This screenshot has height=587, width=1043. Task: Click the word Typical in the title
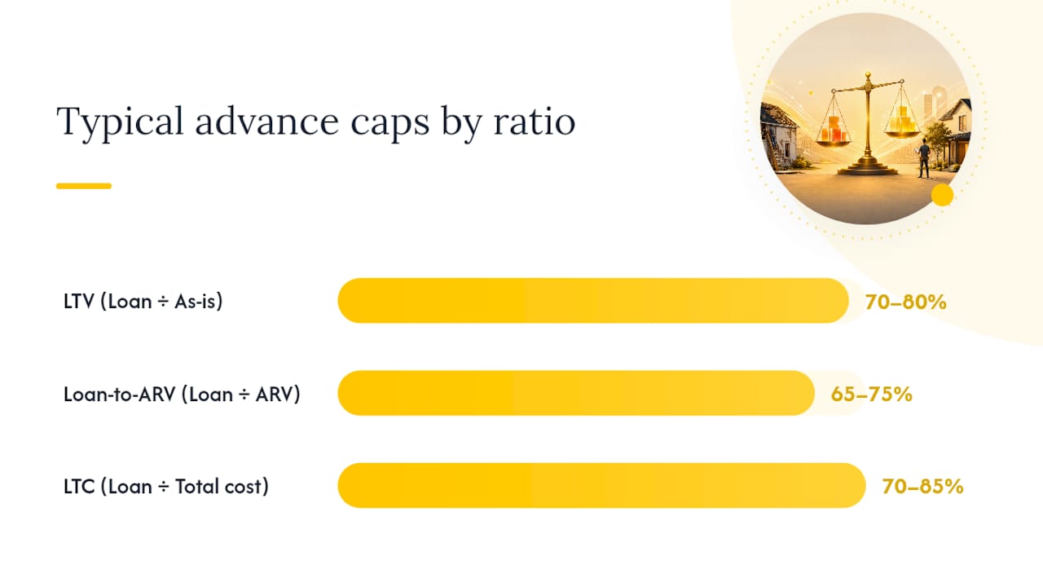point(120,122)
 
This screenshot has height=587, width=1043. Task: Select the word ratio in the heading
point(535,121)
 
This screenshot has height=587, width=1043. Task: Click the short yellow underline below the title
point(84,186)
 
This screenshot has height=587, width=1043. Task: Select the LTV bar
point(593,301)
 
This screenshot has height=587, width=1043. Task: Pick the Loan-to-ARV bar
point(576,393)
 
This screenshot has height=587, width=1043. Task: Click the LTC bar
point(601,485)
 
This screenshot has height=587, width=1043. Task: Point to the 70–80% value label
point(905,302)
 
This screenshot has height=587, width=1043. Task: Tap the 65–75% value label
point(871,394)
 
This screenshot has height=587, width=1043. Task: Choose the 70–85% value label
point(922,487)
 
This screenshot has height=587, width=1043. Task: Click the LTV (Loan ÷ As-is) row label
point(143,302)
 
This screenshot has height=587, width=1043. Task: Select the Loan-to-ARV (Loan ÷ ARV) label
point(182,394)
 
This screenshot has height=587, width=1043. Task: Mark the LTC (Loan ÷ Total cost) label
point(166,487)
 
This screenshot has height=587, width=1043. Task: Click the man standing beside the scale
point(924,157)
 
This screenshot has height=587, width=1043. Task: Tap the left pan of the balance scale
point(834,142)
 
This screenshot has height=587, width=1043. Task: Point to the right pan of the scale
point(902,134)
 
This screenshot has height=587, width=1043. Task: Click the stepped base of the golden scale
point(868,166)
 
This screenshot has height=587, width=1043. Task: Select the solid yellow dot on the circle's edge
point(943,195)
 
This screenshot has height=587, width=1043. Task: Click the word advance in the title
point(267,121)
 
